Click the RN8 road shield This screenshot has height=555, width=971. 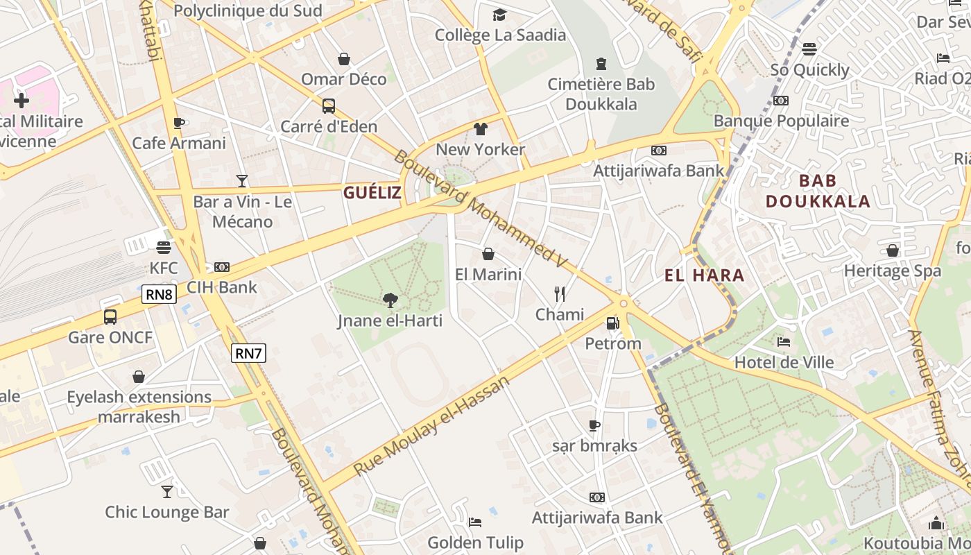point(160,294)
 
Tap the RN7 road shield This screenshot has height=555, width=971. point(248,353)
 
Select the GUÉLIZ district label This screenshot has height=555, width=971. point(372,193)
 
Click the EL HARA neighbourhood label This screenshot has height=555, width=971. point(704,275)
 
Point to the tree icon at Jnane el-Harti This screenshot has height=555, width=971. point(390,300)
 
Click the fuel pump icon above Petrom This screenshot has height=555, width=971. point(612,323)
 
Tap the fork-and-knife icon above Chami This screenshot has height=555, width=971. point(560,294)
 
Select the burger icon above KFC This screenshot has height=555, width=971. point(164,248)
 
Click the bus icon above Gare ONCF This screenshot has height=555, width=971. point(110,317)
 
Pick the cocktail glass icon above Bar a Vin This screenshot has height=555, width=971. point(242,181)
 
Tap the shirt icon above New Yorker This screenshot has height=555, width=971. point(480,128)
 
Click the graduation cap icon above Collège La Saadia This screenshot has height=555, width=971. point(500,15)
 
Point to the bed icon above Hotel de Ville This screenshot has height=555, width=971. point(784,341)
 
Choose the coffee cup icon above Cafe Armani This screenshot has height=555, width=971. point(178,123)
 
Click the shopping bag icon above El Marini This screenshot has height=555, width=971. point(488,254)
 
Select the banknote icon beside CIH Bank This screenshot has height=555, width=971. point(222,267)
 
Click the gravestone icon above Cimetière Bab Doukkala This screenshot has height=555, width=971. point(601,64)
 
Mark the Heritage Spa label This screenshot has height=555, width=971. point(893,271)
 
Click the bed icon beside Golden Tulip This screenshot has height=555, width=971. point(474,522)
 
